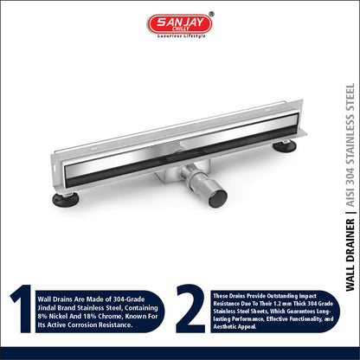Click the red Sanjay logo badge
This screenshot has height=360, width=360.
coord(180,23)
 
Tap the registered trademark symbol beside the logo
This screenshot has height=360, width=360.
coord(211,14)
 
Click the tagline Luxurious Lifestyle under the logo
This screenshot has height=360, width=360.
coord(182,36)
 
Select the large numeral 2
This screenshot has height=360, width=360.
coord(190,308)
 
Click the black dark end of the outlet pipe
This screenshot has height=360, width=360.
coord(218,198)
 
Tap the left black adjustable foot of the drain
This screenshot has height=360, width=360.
coord(66,200)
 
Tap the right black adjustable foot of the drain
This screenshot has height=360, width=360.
coord(285,146)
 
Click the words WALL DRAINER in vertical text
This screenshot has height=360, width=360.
coord(350,255)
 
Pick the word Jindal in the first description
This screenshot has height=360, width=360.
coord(47,308)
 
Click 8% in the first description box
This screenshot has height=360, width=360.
coord(42,316)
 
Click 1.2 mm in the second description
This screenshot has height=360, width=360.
coord(282,304)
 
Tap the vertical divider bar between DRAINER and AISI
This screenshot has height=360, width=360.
coord(350,213)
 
